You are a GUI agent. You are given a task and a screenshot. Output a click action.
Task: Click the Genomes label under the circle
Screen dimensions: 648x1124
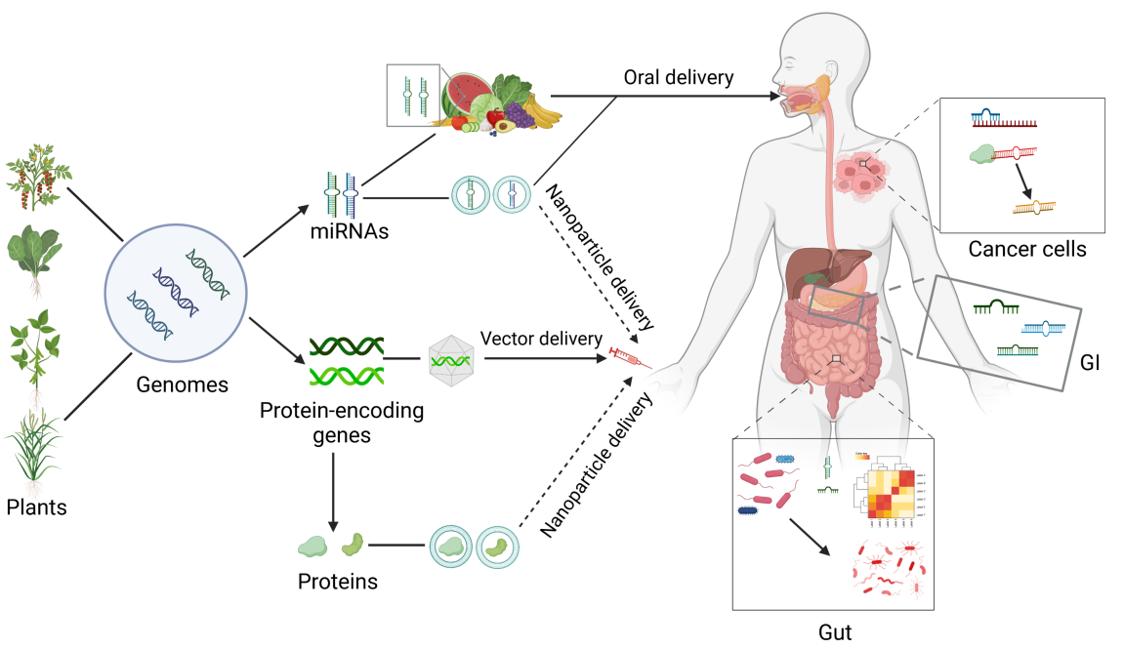click(182, 385)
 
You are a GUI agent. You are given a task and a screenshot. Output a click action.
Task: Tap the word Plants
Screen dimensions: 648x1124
click(37, 506)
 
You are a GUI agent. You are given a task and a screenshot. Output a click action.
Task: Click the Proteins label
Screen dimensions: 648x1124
click(338, 583)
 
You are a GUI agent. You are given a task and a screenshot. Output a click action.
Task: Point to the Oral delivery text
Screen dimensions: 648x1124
click(679, 77)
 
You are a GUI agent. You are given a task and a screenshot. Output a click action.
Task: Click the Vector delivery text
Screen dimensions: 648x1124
click(540, 339)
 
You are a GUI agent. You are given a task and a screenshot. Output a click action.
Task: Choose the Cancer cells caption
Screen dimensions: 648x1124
click(1026, 250)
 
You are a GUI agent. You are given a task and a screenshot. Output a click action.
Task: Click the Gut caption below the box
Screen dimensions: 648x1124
click(835, 631)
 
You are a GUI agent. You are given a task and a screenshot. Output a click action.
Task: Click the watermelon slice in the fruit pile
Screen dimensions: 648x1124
click(467, 92)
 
